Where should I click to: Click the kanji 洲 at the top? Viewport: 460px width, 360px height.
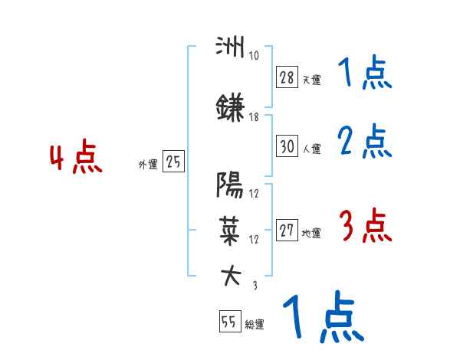coord(229,47)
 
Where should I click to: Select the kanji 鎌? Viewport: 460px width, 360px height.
coord(229,109)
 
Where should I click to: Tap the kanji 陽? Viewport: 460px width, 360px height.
coord(229,184)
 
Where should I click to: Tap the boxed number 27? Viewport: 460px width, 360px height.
coord(287,231)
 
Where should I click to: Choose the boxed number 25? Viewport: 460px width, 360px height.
coord(173,162)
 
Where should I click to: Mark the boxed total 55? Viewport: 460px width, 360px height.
coord(229,322)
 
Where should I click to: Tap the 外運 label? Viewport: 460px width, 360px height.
coord(147,164)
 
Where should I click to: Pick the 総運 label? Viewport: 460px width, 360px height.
coord(255,325)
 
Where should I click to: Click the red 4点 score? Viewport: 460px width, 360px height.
coord(75,159)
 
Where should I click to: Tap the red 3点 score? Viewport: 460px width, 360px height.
coord(365,227)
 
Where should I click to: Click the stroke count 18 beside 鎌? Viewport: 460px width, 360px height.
coord(254,117)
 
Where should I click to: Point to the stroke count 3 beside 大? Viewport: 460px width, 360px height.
coord(254,285)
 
